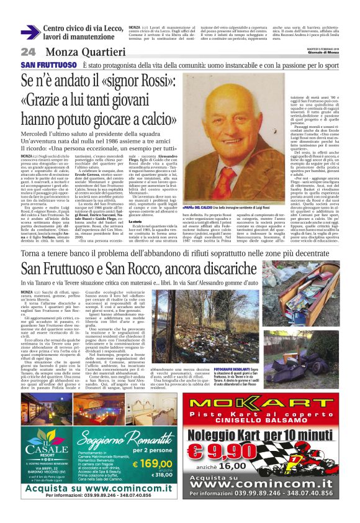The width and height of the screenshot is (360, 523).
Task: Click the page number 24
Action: tap(28, 52)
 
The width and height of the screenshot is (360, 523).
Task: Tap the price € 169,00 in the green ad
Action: tap(153, 463)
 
